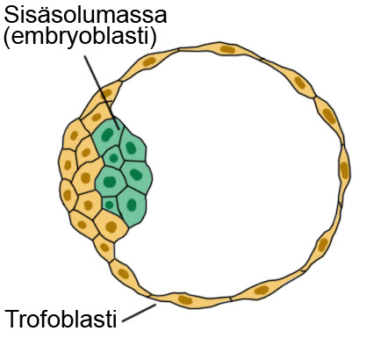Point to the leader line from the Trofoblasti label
click(139, 313)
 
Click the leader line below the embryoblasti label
click(102, 92)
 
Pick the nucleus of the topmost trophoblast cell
click(227, 49)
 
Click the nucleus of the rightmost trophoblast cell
click(344, 169)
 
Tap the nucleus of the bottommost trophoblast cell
click(185, 299)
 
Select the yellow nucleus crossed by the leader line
click(106, 93)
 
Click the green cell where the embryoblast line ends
click(107, 135)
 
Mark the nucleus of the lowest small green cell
click(109, 205)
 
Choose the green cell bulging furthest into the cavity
click(137, 176)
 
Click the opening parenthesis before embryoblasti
click(7, 38)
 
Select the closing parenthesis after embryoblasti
click(153, 38)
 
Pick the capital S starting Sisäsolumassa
click(11, 15)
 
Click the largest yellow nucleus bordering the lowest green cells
click(111, 227)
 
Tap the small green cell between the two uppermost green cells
click(113, 158)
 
